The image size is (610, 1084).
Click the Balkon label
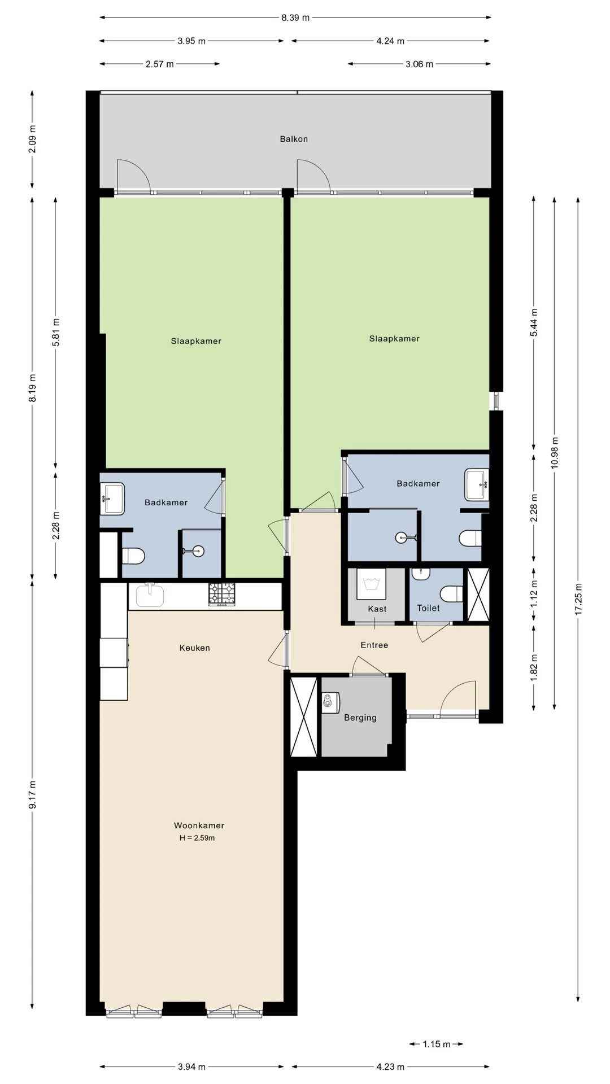tap(294, 139)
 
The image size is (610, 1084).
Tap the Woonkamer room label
tap(199, 825)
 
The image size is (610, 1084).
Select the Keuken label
tap(195, 648)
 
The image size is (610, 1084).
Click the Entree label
tap(374, 645)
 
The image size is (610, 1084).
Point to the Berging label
tap(360, 718)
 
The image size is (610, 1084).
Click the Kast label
tap(377, 609)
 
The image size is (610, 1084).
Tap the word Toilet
tap(428, 608)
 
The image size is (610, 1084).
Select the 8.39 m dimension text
tap(295, 18)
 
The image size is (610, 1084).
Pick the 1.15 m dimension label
tap(437, 1044)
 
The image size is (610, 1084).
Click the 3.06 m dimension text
tap(419, 64)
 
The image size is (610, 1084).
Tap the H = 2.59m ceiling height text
tap(197, 838)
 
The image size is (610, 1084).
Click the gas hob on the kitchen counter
tap(222, 595)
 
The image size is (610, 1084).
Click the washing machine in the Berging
tap(330, 703)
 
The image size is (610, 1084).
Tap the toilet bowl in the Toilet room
tap(451, 594)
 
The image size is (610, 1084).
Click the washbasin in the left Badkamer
tap(112, 499)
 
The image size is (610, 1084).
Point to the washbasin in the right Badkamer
tap(477, 484)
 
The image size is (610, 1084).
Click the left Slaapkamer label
tap(196, 341)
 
